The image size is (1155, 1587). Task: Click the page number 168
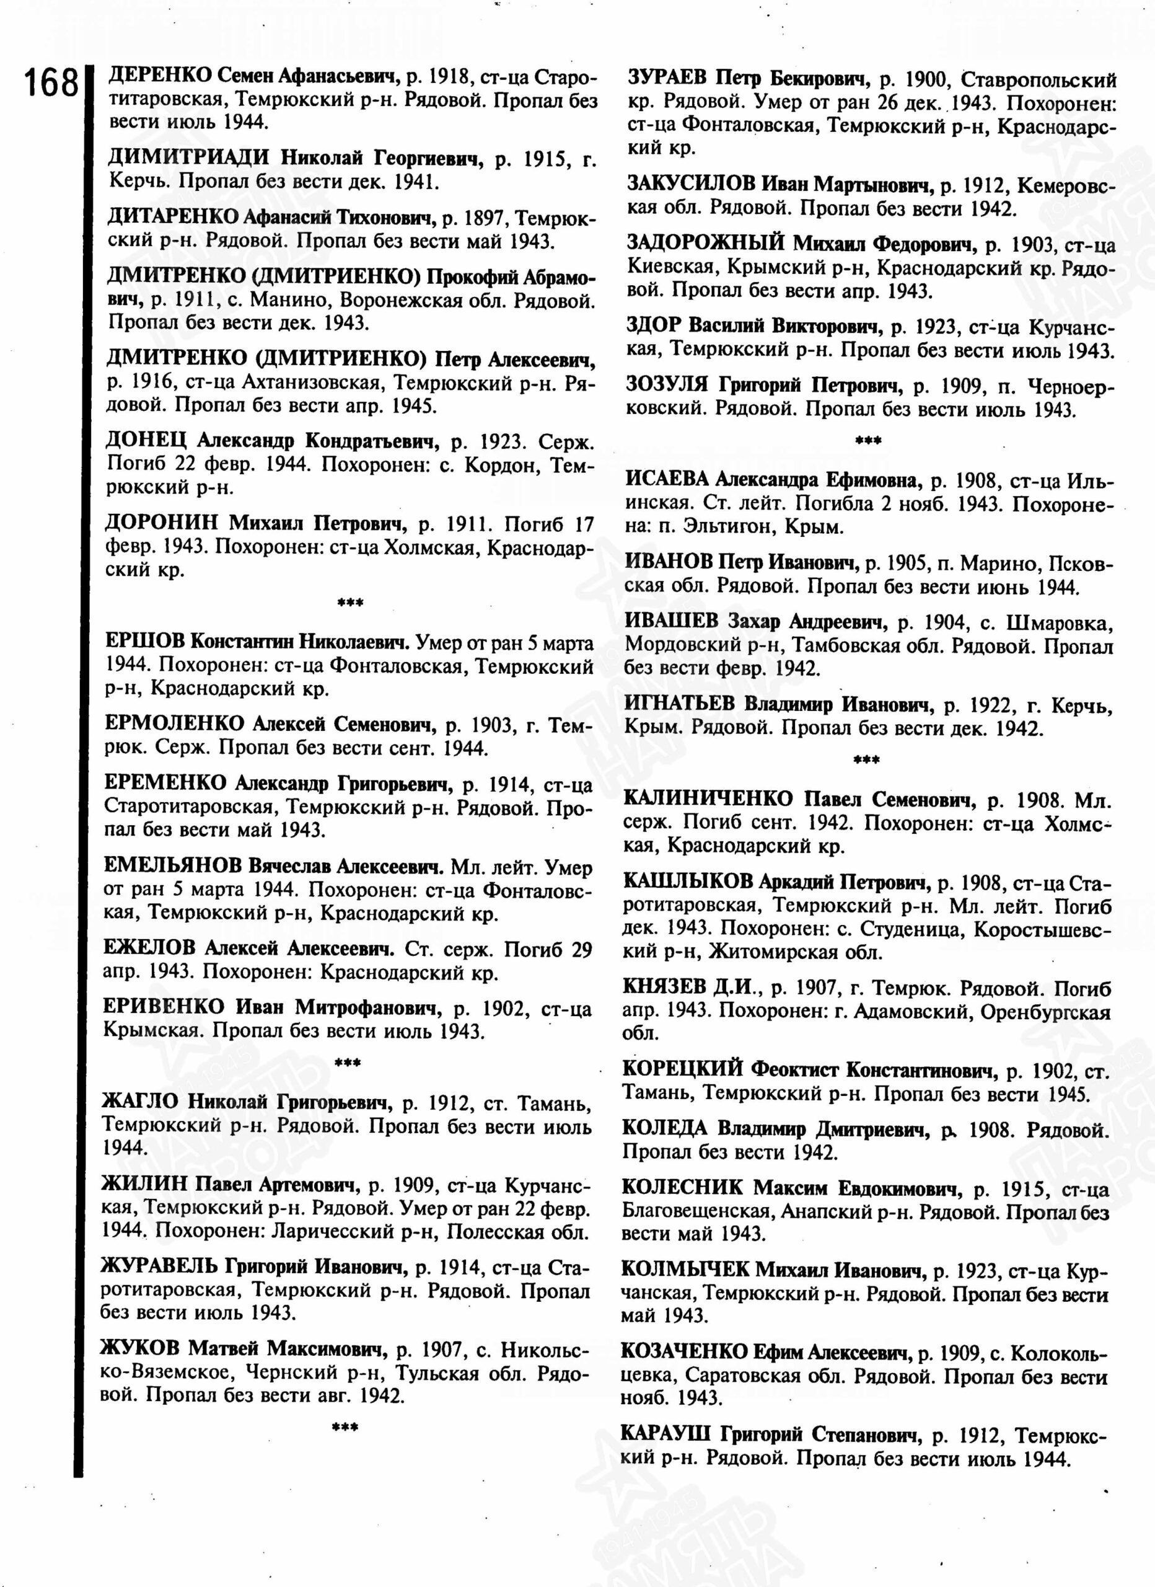tap(51, 83)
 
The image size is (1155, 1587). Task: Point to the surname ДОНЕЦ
tap(146, 441)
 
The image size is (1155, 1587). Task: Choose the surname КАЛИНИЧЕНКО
tap(707, 798)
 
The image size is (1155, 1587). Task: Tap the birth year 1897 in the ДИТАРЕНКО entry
tap(487, 218)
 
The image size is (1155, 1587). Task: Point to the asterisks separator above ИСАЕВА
tap(868, 441)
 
